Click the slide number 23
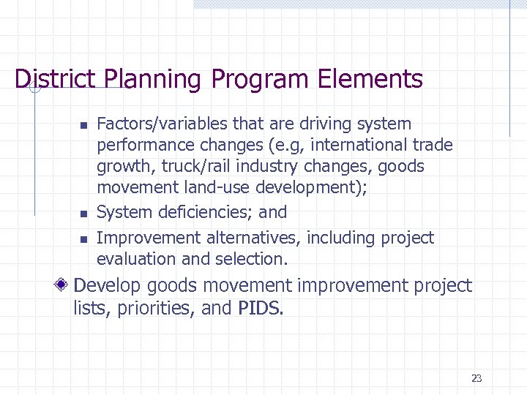tap(476, 378)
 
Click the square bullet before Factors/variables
tap(83, 126)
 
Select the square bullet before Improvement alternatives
tap(83, 239)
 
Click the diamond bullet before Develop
tap(65, 285)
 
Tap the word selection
tap(250, 259)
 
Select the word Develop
tap(110, 285)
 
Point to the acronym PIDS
tap(260, 308)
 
